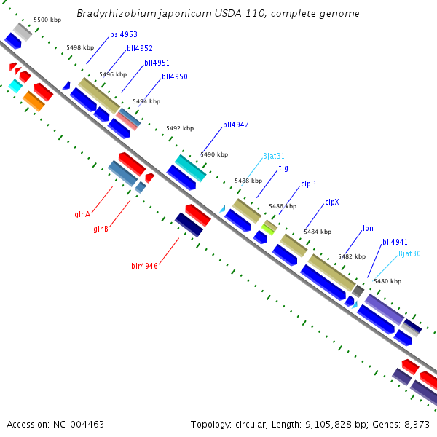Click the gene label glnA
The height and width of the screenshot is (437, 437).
[82, 214]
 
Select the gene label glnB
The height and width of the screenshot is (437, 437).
[101, 229]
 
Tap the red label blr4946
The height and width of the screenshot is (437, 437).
[144, 266]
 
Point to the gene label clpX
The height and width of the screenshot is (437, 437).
[332, 202]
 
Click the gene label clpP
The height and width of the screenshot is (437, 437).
[308, 184]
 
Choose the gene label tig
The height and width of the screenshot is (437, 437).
[283, 168]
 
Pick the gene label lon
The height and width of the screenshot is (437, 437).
[368, 228]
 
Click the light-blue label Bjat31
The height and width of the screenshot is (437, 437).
[274, 156]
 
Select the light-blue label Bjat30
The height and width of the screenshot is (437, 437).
[409, 253]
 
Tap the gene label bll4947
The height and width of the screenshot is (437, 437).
[236, 125]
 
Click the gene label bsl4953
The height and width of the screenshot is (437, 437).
[124, 34]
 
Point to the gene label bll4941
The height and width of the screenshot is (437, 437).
[395, 242]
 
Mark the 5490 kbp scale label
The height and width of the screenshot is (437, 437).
[214, 154]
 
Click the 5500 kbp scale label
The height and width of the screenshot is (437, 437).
[47, 20]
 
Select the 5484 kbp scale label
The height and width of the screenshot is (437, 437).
[318, 232]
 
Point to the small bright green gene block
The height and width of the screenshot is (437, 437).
[269, 228]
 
